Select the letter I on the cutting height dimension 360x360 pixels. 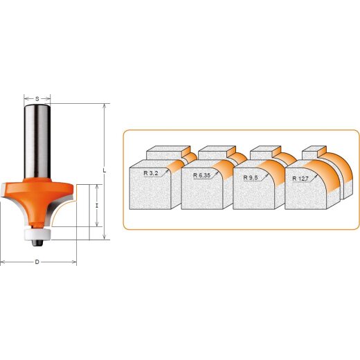tap(98, 206)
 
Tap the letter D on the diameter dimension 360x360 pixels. tap(37, 262)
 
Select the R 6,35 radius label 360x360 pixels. tap(201, 175)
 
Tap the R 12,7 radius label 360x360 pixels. tap(300, 178)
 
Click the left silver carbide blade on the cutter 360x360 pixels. tap(9, 200)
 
